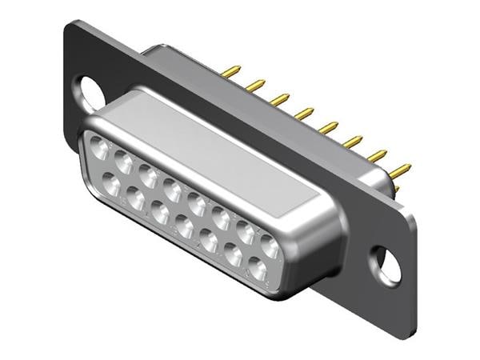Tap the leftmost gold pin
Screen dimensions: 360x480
[x=230, y=72]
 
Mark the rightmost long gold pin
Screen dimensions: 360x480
[x=399, y=170]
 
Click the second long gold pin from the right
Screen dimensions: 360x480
[x=375, y=156]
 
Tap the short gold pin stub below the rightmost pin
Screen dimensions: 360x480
[x=395, y=188]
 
